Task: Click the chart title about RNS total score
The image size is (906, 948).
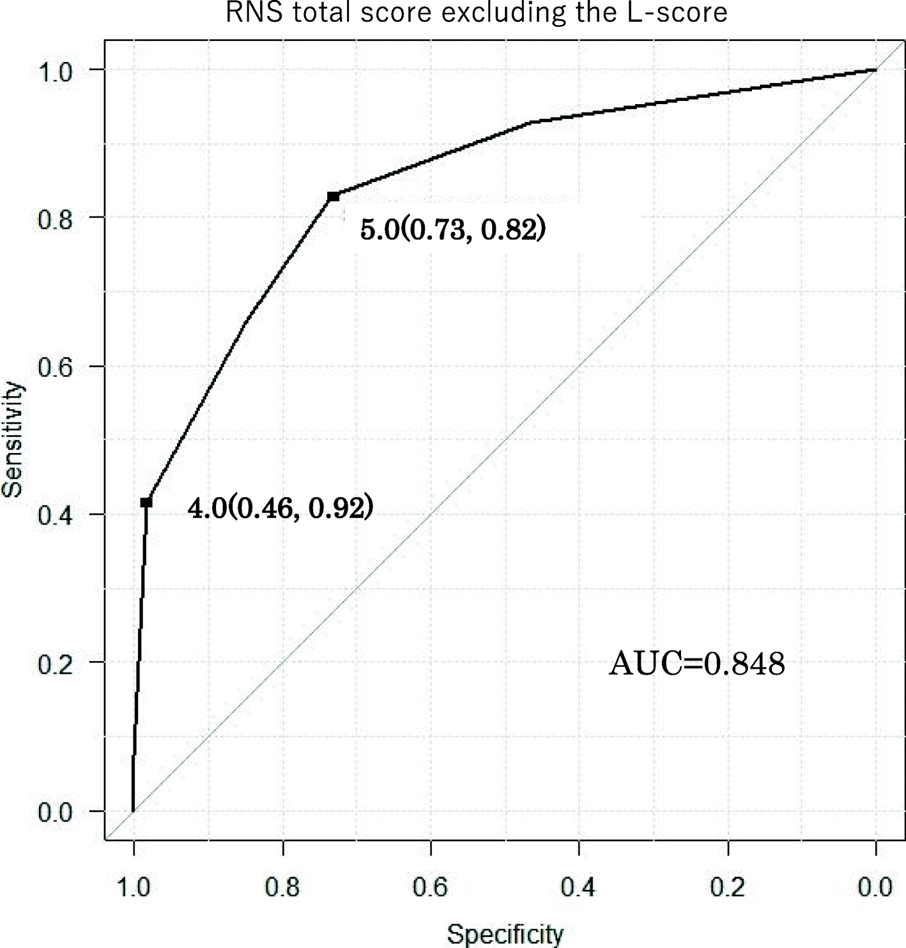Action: pos(477,13)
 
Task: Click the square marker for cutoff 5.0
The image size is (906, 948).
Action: pos(333,197)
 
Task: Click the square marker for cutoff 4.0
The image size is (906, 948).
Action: pos(146,503)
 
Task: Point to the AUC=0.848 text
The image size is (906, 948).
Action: pos(696,664)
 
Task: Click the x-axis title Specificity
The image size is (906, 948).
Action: pos(505,935)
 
